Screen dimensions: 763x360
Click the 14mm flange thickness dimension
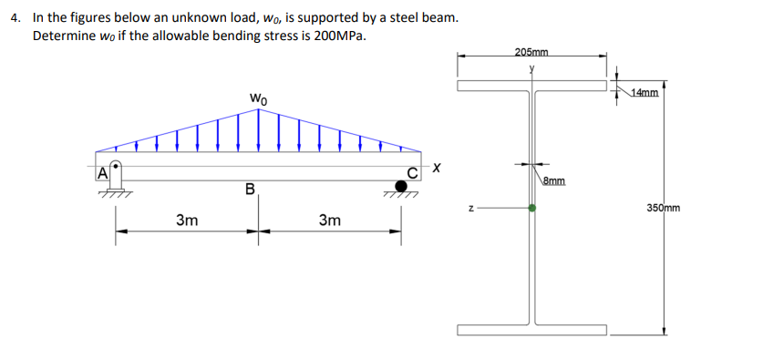coord(644,93)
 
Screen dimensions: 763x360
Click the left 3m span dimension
coord(188,220)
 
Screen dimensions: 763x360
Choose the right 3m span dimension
coord(330,220)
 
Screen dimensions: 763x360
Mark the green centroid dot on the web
coord(532,209)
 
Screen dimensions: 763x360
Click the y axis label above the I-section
coord(531,68)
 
